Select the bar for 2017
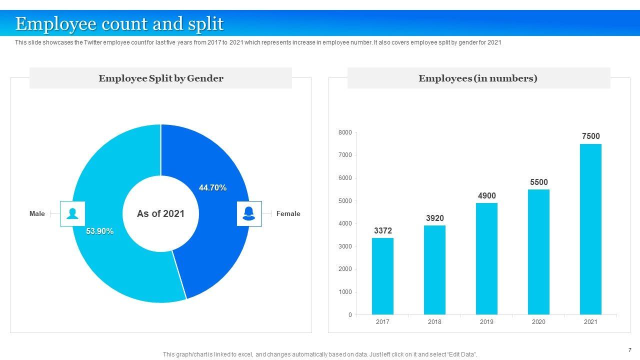[382, 276]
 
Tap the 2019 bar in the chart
[486, 258]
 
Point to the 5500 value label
[539, 182]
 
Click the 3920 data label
[434, 218]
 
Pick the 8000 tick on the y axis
[345, 132]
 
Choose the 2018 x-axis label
[434, 322]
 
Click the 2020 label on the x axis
[538, 322]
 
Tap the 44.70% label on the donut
[212, 188]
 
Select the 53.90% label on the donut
[99, 231]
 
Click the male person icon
[72, 214]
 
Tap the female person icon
[249, 214]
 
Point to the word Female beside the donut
[288, 214]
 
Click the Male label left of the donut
[37, 214]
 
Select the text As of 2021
[160, 214]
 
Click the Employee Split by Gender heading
[160, 78]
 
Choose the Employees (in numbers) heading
[478, 78]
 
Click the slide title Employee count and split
[119, 24]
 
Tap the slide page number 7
[629, 350]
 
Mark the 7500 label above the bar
[590, 136]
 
